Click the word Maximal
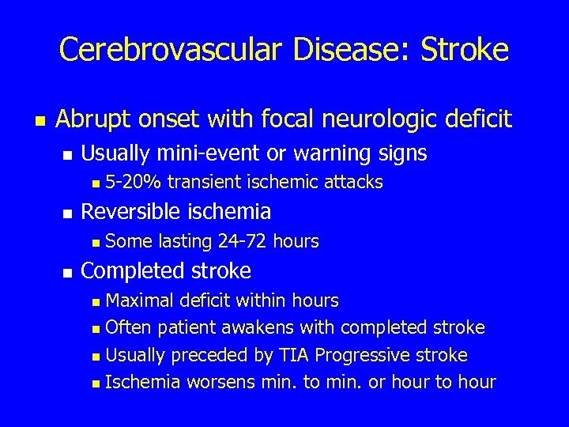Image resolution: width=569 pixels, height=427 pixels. coord(139,301)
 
